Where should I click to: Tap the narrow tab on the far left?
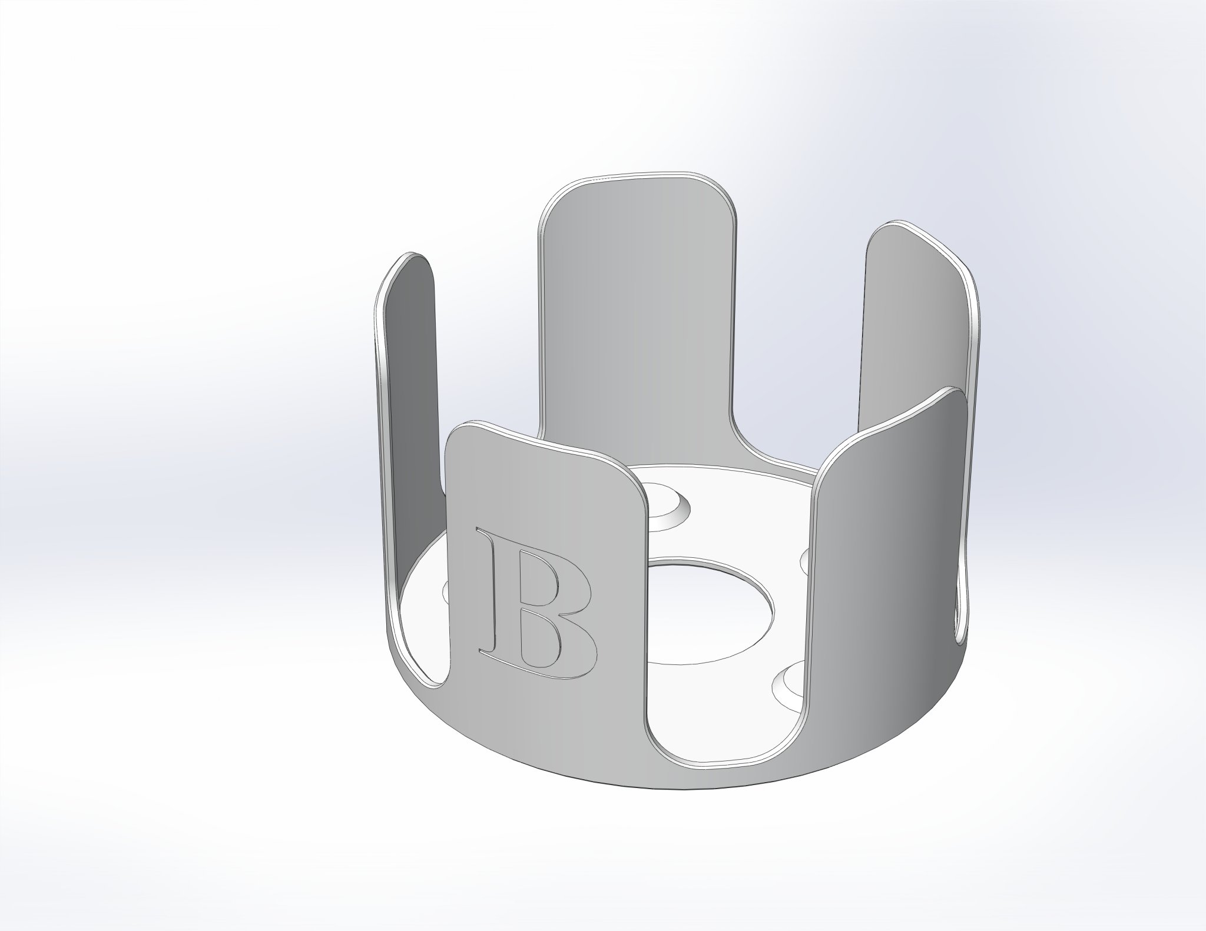coord(409,383)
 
